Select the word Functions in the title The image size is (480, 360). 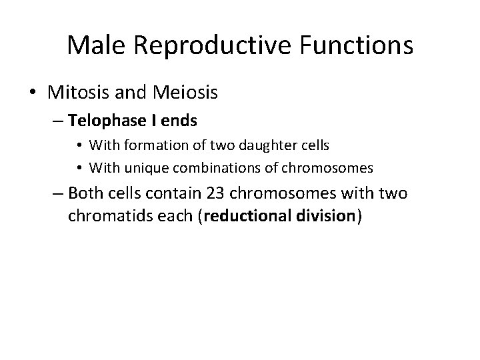click(x=357, y=45)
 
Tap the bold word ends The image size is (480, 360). click(x=178, y=121)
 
